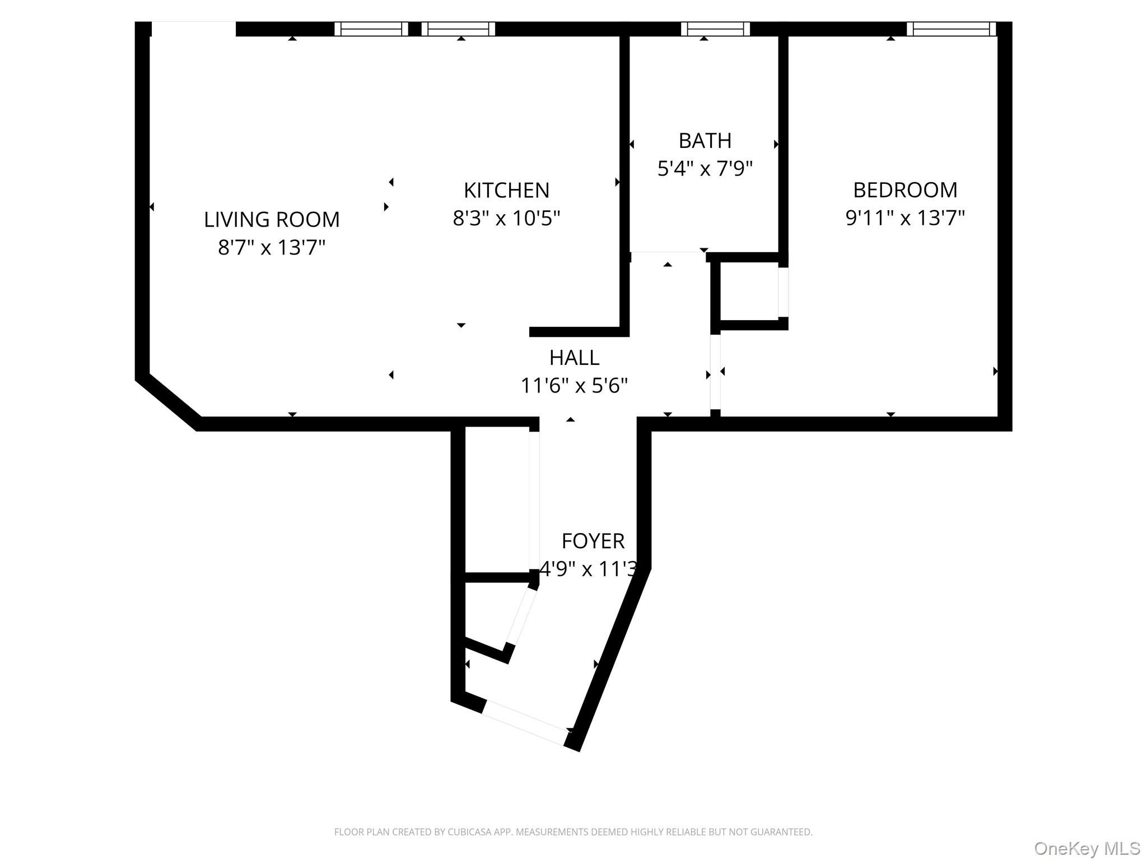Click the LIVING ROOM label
click(x=272, y=219)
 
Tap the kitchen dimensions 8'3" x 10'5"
click(x=506, y=218)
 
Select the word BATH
click(x=705, y=141)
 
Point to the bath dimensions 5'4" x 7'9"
click(x=705, y=168)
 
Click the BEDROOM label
click(x=905, y=190)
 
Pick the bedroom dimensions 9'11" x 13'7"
click(x=905, y=218)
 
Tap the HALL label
click(x=574, y=358)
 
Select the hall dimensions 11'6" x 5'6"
click(x=574, y=386)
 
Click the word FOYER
click(x=593, y=541)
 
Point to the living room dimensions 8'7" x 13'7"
click(x=272, y=247)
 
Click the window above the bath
click(x=715, y=29)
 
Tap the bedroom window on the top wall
click(x=950, y=29)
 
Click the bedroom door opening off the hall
click(x=715, y=372)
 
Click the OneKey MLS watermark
click(x=1087, y=849)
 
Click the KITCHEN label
click(x=506, y=191)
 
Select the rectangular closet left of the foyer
click(x=497, y=499)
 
